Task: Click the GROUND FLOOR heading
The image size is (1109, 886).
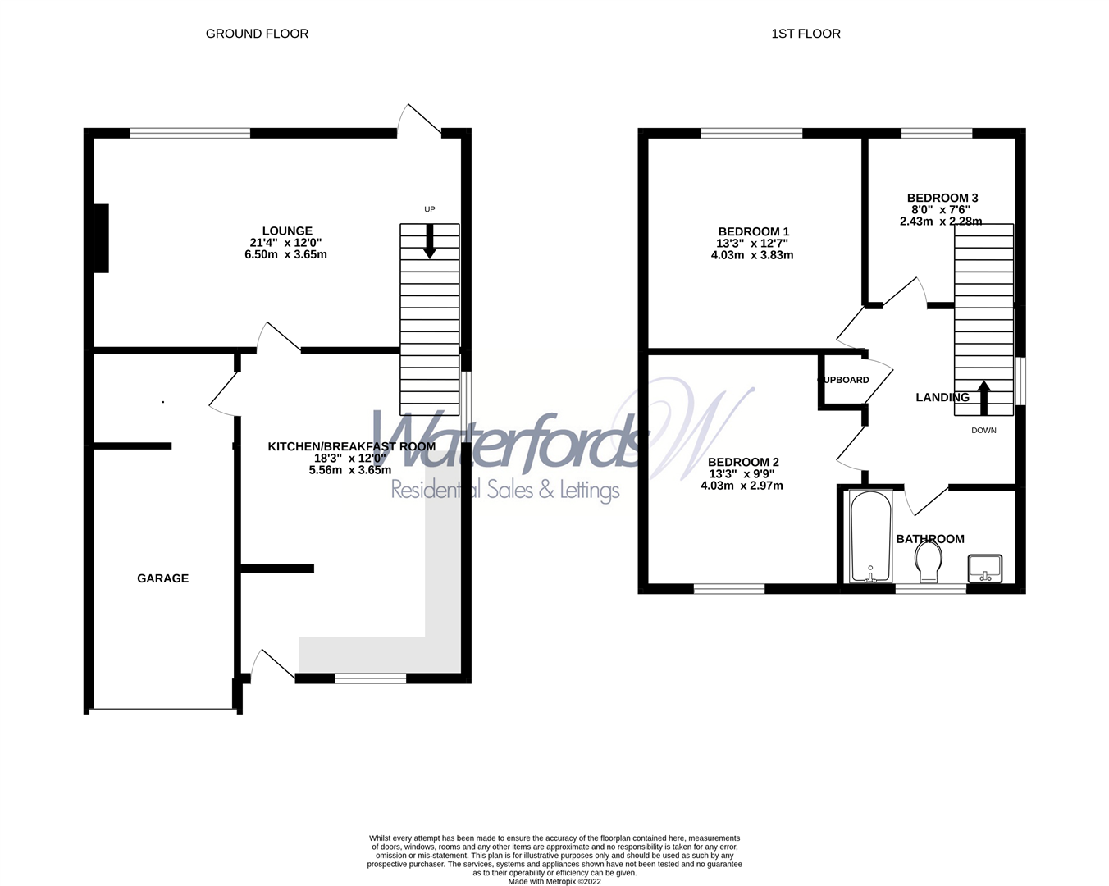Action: [x=257, y=34]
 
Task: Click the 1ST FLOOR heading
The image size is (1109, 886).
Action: [x=806, y=34]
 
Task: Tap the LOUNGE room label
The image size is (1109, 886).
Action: [x=287, y=231]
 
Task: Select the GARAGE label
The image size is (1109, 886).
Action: [x=162, y=578]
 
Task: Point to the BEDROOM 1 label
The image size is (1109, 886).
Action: [x=753, y=232]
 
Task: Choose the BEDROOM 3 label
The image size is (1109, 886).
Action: [x=942, y=198]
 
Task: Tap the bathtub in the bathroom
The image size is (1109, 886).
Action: [x=870, y=537]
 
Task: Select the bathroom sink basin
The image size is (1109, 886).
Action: [x=984, y=568]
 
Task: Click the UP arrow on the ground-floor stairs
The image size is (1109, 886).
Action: [x=429, y=242]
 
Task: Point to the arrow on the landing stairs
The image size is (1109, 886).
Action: [x=983, y=396]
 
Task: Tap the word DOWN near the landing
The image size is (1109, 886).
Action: [x=983, y=431]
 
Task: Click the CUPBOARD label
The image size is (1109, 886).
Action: [x=844, y=381]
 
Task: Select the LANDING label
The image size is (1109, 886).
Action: [x=942, y=398]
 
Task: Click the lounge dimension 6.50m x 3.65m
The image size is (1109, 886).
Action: [x=285, y=254]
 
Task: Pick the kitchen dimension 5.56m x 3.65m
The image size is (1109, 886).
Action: [x=350, y=470]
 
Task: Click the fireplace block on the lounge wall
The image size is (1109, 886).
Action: [x=101, y=238]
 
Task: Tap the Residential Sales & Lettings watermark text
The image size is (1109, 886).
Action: [x=504, y=491]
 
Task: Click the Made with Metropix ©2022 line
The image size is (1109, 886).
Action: [x=554, y=882]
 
